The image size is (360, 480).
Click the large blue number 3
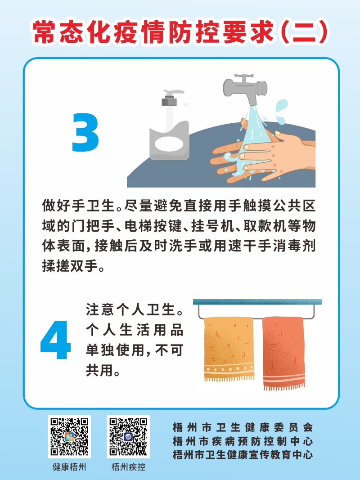click(85, 132)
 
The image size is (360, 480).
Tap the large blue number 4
click(55, 340)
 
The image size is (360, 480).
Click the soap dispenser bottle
click(169, 126)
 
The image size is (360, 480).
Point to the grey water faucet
click(245, 88)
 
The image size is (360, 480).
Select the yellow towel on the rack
click(229, 349)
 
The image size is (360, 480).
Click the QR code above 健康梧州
click(69, 437)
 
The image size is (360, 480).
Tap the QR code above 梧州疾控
click(128, 437)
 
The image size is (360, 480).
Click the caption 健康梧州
click(69, 467)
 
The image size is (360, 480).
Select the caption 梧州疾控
click(128, 467)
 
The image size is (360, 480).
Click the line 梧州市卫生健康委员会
click(243, 427)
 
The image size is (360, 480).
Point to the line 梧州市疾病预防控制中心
click(243, 441)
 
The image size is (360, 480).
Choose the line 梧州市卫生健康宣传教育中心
click(243, 455)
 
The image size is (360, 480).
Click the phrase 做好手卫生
click(78, 206)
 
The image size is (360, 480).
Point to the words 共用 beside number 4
click(99, 370)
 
